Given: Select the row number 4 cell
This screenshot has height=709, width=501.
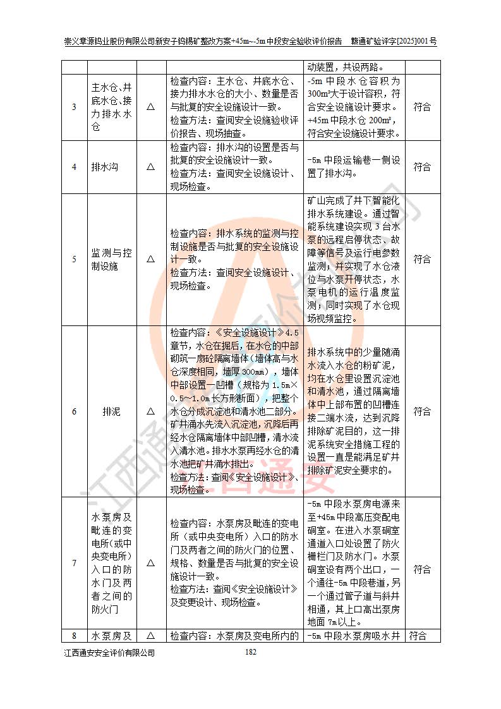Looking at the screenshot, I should coord(74,167).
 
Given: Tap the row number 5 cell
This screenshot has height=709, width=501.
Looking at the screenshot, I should coord(74,259).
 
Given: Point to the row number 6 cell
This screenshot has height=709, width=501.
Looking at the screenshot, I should coord(74,411).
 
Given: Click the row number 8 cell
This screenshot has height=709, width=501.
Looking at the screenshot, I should coord(74,636).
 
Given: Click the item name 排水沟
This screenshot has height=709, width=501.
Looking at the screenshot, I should coord(111,167).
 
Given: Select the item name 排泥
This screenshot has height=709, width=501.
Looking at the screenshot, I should coord(111,411).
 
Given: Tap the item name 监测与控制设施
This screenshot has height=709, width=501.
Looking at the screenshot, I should coord(111,259).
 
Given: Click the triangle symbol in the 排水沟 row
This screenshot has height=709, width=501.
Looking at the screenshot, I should coord(151,167).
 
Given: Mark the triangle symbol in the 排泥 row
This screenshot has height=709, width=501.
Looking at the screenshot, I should coord(151,411).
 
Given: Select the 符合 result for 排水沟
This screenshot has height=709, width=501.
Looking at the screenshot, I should coord(422,167).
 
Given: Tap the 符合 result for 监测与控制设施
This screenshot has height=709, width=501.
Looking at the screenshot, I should coord(422,259).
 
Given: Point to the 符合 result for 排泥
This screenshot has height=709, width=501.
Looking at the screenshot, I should coord(422,411).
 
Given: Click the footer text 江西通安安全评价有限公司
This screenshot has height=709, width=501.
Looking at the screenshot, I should coord(109,653).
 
